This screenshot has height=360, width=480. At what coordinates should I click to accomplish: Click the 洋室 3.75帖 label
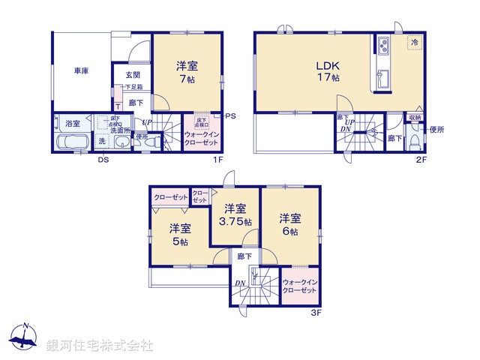(x=235, y=216)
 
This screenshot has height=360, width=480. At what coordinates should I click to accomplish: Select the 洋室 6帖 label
(x=289, y=224)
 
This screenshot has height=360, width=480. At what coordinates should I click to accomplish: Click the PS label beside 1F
(x=230, y=115)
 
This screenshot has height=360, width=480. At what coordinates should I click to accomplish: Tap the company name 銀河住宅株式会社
(x=100, y=345)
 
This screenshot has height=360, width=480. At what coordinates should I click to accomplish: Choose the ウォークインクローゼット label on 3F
(x=301, y=287)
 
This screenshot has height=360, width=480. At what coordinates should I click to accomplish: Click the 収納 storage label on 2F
(x=415, y=118)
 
